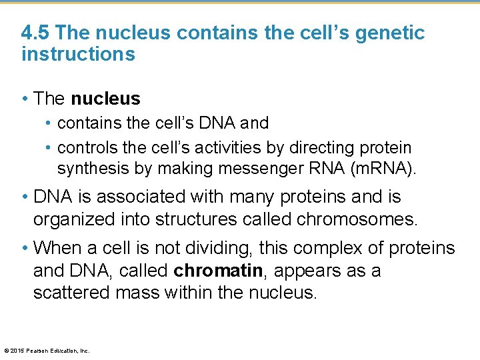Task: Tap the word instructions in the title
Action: point(78,54)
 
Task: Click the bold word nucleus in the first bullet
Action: point(105,99)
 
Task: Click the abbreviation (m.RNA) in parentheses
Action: point(382,169)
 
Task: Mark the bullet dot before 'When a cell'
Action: point(25,249)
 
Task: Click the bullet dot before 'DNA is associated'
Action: point(25,197)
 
